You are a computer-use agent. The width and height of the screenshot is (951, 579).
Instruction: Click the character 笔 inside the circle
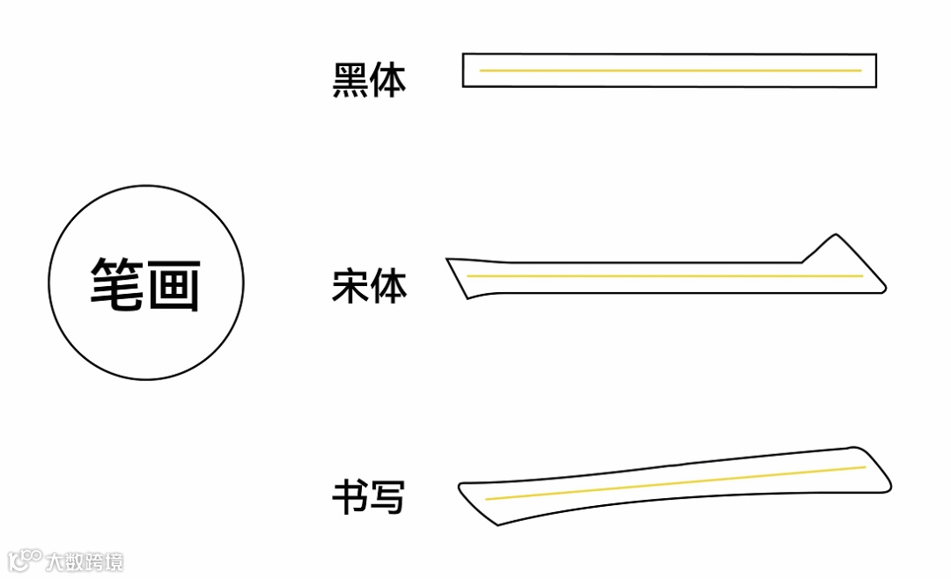tap(118, 283)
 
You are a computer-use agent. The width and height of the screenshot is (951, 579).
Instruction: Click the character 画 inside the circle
tap(173, 283)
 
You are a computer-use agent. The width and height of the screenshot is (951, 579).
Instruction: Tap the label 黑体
tap(369, 79)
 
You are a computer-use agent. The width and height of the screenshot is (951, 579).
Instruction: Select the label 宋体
tap(369, 288)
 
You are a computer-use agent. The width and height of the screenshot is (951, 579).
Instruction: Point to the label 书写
tap(368, 497)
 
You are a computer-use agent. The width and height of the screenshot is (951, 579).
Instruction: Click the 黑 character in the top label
tap(350, 79)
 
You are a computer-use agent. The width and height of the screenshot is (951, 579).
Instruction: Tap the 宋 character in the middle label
tap(350, 288)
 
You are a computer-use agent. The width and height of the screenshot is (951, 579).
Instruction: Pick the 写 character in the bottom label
tap(387, 497)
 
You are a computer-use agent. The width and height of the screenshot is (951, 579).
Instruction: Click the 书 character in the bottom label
tap(350, 497)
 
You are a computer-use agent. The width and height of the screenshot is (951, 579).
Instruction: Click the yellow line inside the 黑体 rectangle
tap(669, 70)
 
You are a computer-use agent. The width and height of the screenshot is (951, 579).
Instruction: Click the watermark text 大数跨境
tap(85, 561)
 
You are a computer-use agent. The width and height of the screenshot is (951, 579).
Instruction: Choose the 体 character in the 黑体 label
tap(388, 79)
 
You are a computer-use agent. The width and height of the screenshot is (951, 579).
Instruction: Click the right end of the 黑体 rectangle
tap(874, 70)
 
